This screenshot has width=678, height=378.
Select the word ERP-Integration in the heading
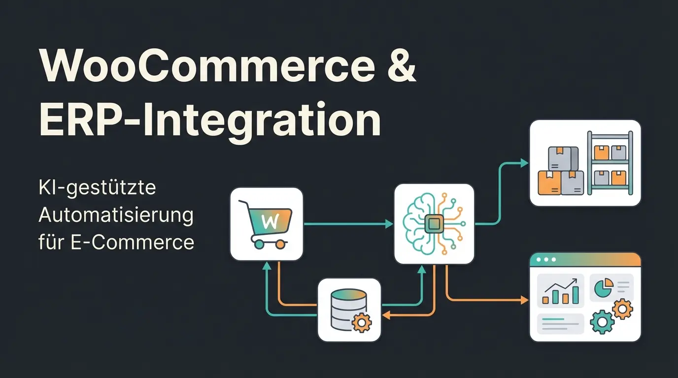(209, 120)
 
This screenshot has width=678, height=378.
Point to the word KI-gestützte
(97, 188)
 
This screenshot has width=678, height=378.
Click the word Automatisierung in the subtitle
(116, 216)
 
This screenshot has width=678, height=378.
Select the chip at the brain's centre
(434, 224)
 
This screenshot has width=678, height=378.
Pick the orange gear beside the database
(363, 322)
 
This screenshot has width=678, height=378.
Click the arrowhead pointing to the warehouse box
(524, 163)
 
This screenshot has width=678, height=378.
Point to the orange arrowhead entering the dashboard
(524, 299)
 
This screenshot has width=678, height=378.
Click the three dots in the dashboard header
(546, 259)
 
